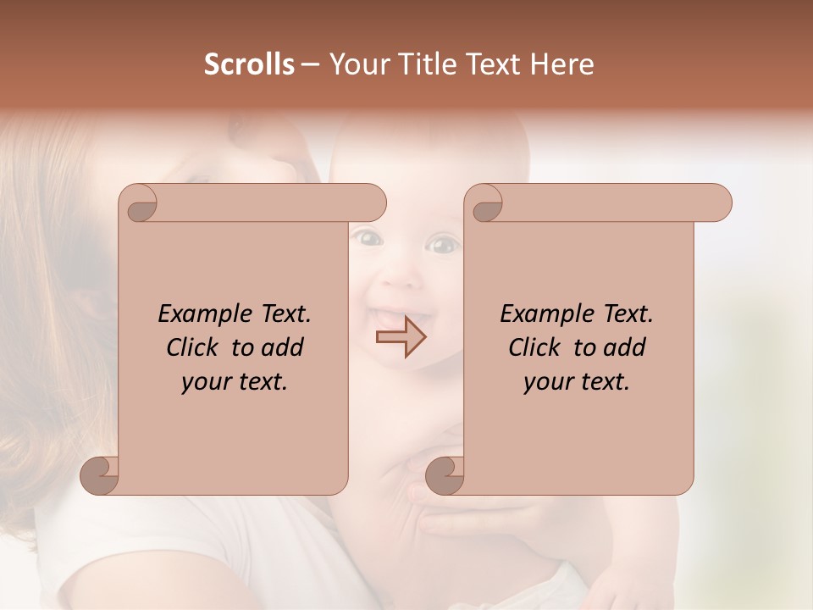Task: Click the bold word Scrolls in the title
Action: pos(249,64)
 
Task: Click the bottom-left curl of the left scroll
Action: pos(99,474)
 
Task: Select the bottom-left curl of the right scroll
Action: pos(445,474)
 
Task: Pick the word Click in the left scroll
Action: pos(193,347)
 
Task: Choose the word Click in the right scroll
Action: pos(535,347)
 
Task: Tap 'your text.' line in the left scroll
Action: pos(235,382)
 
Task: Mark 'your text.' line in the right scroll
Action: pos(577,382)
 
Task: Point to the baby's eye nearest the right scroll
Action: pos(440,246)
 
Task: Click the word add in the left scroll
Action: pos(282,347)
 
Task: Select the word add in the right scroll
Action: pos(624,347)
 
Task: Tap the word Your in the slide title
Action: pos(353,64)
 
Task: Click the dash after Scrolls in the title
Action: pos(310,64)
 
